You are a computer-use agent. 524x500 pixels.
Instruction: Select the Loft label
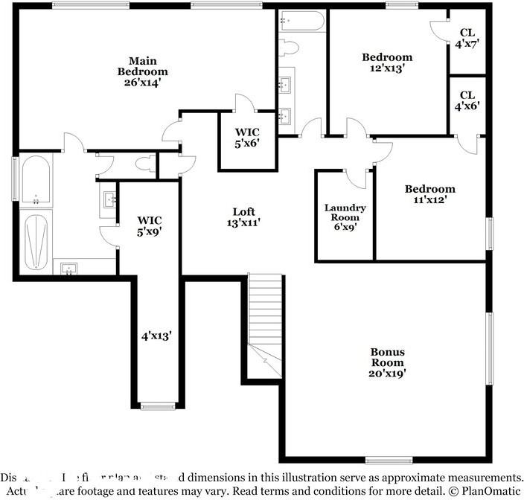(243, 212)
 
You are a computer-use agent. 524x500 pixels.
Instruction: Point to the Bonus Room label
(389, 357)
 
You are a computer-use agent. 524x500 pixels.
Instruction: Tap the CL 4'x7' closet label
(467, 38)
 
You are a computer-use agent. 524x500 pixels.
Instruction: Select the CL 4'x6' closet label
(467, 100)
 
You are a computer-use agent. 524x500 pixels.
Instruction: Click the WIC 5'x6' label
(247, 138)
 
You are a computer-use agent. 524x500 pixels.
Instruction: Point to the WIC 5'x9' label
(149, 225)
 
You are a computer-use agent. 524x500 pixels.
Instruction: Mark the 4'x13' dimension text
(156, 336)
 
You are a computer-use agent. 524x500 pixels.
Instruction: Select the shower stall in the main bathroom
(36, 242)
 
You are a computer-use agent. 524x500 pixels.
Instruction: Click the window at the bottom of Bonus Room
(389, 460)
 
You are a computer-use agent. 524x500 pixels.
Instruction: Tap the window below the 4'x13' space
(156, 406)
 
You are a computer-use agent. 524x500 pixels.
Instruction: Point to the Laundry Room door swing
(358, 177)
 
